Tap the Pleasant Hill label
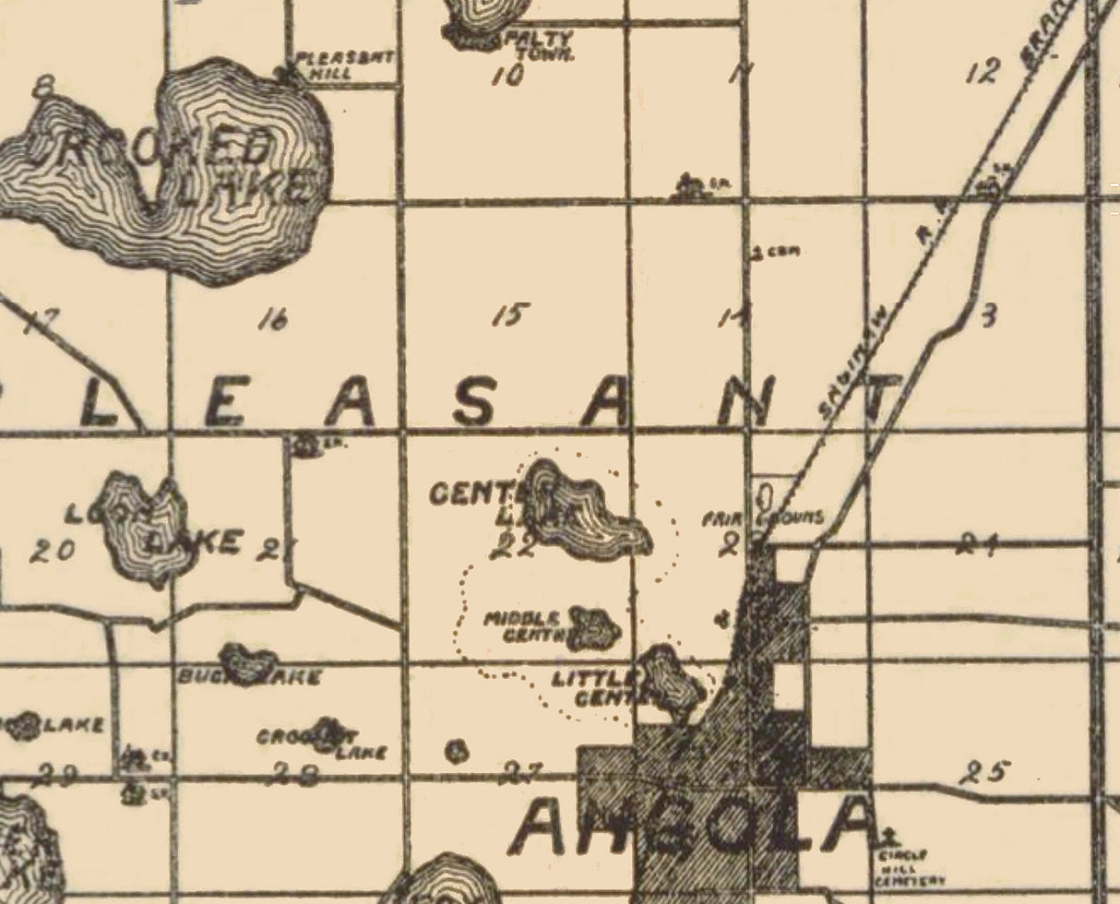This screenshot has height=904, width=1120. pyautogui.click(x=343, y=65)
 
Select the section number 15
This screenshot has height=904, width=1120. pyautogui.click(x=510, y=315)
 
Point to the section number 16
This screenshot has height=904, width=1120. pyautogui.click(x=273, y=319)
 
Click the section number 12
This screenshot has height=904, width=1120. pyautogui.click(x=983, y=71)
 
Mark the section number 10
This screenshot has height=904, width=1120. pyautogui.click(x=507, y=76)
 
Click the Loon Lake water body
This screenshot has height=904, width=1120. pyautogui.click(x=143, y=530)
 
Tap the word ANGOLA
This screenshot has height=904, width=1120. pyautogui.click(x=692, y=827)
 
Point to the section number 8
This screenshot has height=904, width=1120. pyautogui.click(x=42, y=89)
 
